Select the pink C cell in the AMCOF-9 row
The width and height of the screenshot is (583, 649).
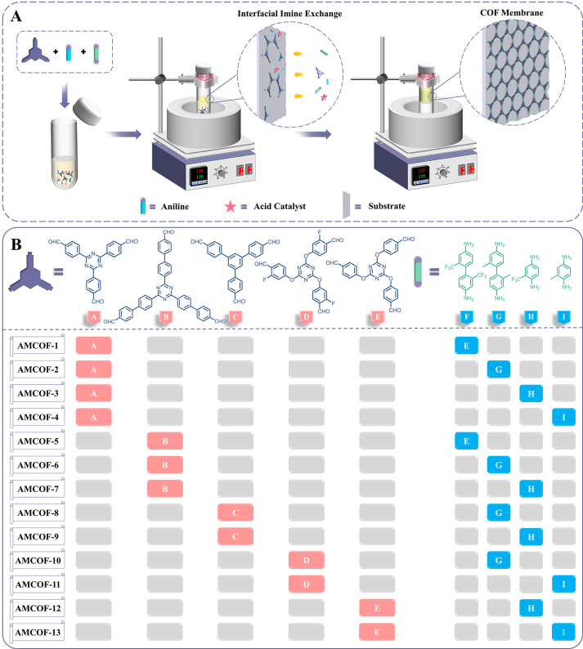point(235,538)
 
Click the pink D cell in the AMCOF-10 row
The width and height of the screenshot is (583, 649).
point(307,562)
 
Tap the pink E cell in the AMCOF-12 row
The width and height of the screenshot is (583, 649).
point(377,608)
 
